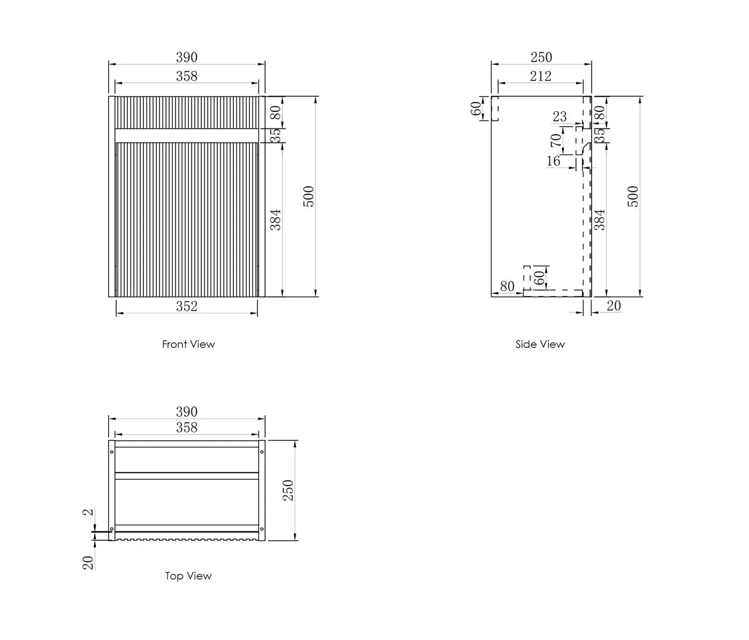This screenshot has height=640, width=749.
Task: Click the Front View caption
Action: point(188,344)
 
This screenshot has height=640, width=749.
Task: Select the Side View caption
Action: point(540,344)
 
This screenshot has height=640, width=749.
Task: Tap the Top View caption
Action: point(188,576)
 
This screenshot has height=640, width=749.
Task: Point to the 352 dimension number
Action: point(187,307)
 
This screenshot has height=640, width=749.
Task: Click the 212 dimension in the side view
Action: point(540,76)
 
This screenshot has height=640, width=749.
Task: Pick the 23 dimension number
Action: point(560,117)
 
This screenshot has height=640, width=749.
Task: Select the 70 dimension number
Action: point(556,141)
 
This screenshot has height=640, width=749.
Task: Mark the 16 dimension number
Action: point(553,161)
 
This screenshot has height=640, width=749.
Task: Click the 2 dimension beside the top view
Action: point(88,512)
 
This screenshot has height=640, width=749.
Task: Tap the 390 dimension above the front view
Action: point(187,57)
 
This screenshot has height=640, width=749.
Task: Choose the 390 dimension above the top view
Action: point(187,412)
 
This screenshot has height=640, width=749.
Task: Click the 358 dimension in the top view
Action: point(187,428)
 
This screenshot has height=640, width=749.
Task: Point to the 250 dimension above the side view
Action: point(541,57)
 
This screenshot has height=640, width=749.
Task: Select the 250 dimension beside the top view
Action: point(288,490)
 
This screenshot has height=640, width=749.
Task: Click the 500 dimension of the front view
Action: point(308,196)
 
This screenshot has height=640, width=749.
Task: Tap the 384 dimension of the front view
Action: point(276,219)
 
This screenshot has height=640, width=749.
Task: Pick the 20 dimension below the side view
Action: point(614,306)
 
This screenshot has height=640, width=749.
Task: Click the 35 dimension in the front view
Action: point(276,135)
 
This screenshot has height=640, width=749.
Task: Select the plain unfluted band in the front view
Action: point(187,135)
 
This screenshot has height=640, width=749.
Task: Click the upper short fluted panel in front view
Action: point(187,112)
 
